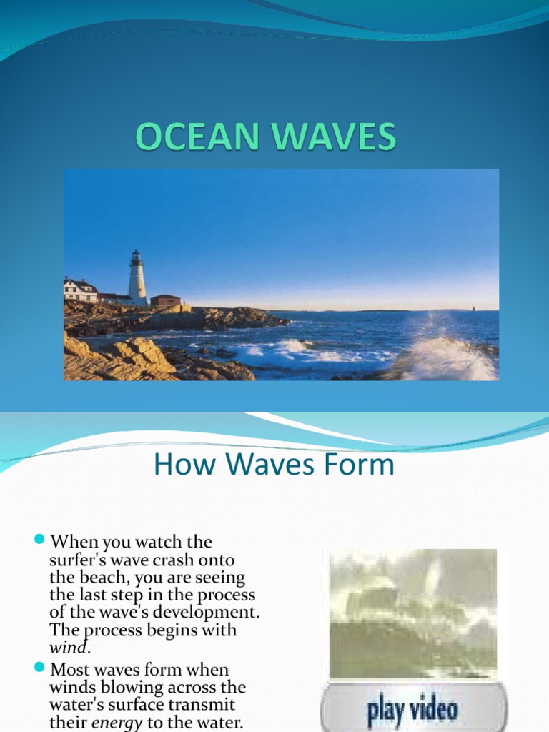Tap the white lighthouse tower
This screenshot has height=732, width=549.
pyautogui.click(x=137, y=278)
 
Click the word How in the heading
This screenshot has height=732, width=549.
pyautogui.click(x=177, y=465)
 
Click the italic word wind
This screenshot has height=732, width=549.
pyautogui.click(x=70, y=648)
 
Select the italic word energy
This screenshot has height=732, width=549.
pyautogui.click(x=117, y=722)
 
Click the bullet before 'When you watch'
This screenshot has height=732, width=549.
pyautogui.click(x=39, y=538)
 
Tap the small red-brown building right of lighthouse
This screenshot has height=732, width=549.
pyautogui.click(x=165, y=300)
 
